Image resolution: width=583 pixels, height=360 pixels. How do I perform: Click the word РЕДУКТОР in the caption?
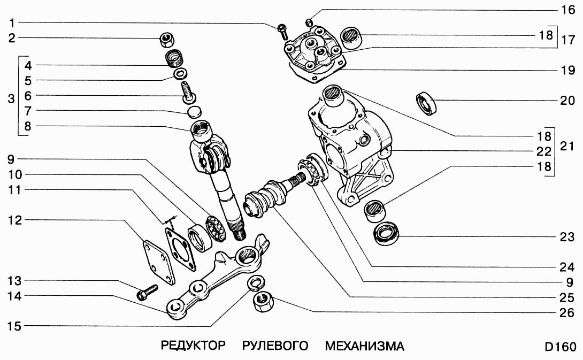193,346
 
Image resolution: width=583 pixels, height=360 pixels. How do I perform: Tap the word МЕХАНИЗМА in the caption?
364,346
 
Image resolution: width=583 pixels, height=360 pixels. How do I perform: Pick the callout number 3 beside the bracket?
11,99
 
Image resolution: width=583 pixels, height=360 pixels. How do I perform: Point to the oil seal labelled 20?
427,103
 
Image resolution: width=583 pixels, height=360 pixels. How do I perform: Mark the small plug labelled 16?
308,21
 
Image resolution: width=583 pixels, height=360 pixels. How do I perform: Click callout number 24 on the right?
567,266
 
